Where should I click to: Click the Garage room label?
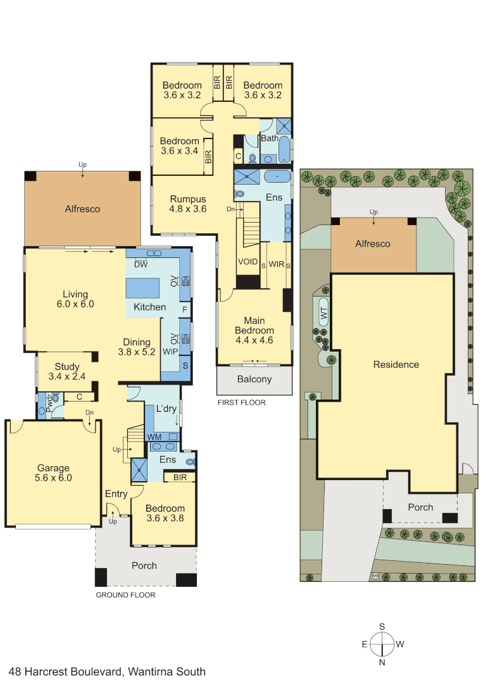pos(53,472)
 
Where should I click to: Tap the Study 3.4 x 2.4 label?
pos(66,372)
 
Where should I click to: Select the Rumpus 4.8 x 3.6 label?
pos(188,204)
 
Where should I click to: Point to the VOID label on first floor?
pos(248,262)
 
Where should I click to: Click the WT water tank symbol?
pos(323,313)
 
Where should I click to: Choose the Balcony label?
pos(254,379)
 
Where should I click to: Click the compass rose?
pos(382,644)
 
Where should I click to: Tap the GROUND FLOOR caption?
pos(125,595)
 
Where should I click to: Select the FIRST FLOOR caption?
pos(242,402)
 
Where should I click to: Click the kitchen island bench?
pos(142,288)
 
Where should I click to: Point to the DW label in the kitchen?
pos(141,264)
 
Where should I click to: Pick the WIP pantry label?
pos(170,352)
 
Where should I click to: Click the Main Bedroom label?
pos(254,330)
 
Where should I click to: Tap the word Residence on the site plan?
pos(396,365)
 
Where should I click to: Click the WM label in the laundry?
pos(154,437)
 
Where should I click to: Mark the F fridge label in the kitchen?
pos(185,310)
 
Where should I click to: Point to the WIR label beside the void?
pos(277,264)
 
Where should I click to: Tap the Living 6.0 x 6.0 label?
pos(75,299)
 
